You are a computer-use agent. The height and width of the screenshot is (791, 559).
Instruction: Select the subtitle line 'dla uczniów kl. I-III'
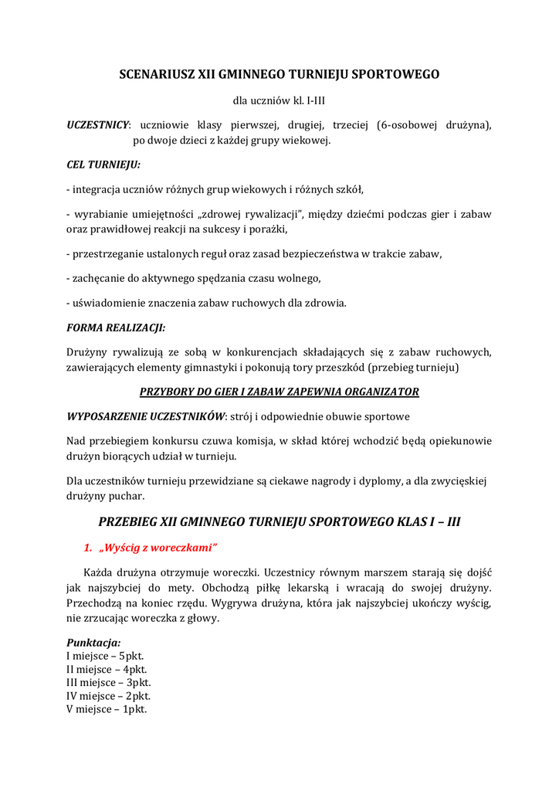tap(279, 100)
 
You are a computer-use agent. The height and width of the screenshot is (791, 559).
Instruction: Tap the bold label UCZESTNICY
tap(98, 124)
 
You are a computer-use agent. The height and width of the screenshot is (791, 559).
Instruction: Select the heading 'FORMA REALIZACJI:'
tap(116, 328)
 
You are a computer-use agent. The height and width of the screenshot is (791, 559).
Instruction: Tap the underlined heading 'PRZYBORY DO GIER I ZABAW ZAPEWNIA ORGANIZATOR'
tap(279, 392)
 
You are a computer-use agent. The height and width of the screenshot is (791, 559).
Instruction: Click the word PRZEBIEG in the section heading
tap(134, 521)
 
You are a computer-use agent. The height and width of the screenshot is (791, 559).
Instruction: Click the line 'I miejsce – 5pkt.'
tap(106, 656)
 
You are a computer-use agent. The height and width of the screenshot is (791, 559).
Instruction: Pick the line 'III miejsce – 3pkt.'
tap(109, 683)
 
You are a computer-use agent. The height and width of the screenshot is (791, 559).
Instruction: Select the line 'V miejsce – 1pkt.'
tap(107, 709)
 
